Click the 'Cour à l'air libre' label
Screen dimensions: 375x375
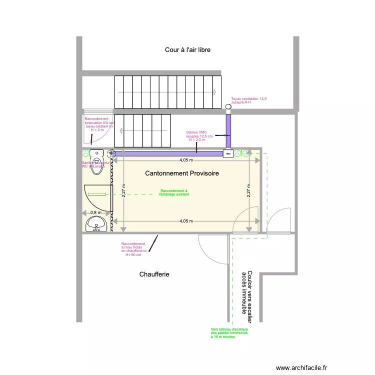coord(187,50)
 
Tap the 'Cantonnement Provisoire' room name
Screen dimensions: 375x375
coord(182,173)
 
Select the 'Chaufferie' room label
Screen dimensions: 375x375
coord(154,274)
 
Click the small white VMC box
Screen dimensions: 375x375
coord(228,154)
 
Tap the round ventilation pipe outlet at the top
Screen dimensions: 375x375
coord(228,107)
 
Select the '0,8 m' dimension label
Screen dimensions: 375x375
coord(95,212)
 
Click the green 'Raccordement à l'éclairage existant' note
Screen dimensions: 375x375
coord(173,192)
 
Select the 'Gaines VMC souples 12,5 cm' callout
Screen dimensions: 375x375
coord(199,136)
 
